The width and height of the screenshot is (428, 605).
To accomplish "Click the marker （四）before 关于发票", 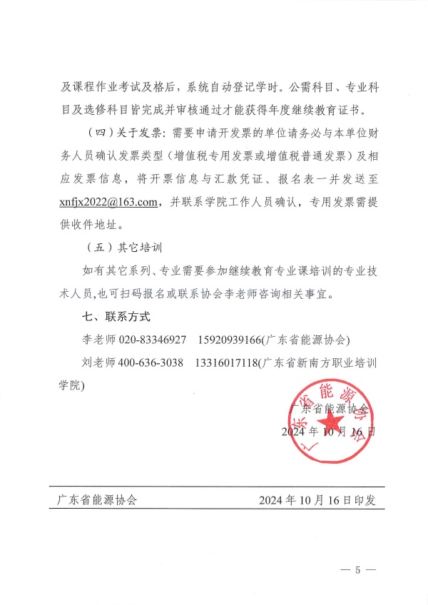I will pos(99,133).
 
